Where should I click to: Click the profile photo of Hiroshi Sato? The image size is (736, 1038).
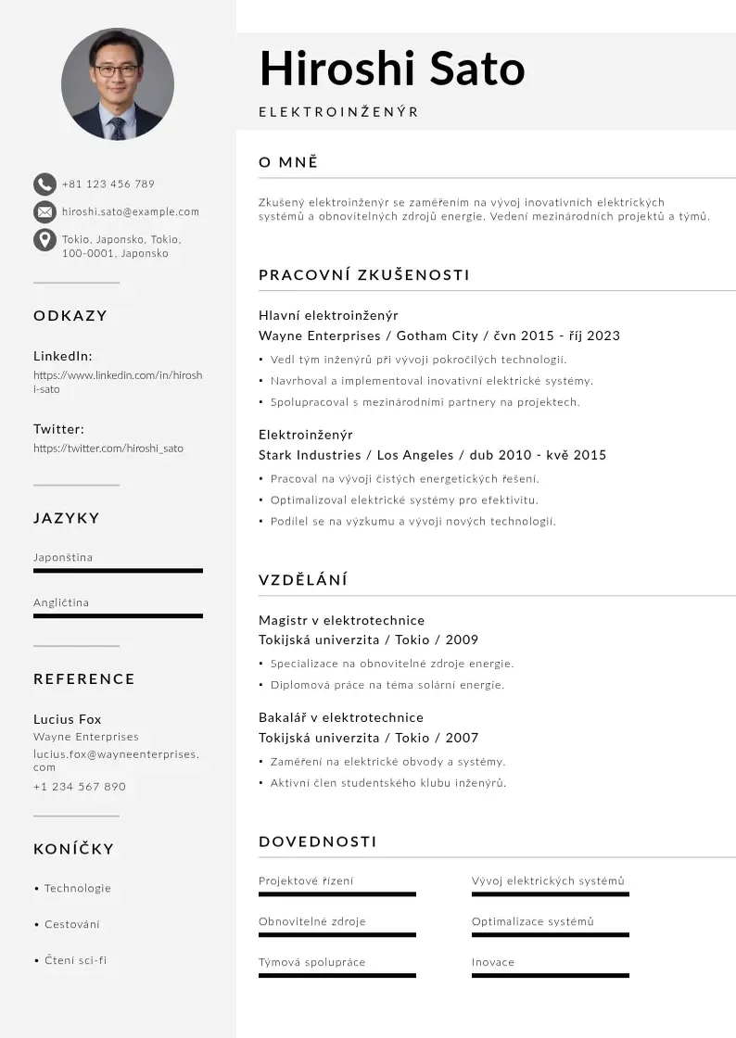coord(118,83)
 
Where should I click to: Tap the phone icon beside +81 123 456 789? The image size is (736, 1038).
coord(44,184)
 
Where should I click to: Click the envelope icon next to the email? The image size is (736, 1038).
coord(44,211)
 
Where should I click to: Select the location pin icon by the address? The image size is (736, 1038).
coord(44,240)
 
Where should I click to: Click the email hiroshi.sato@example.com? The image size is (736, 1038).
coord(131,211)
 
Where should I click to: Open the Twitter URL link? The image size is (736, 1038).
coord(108,449)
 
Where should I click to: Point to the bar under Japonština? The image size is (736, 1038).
coord(118,571)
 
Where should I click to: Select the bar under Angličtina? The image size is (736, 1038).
coord(118,615)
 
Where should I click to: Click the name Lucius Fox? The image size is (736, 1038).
coord(68,719)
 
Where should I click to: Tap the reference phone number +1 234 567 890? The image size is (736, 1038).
coord(80,787)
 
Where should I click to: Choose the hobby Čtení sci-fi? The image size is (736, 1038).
coord(76,960)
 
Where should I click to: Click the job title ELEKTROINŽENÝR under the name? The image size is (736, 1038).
coord(338,112)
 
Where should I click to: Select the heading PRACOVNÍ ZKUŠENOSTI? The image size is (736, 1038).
coord(364,275)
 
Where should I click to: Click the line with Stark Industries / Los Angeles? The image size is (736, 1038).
coord(432,455)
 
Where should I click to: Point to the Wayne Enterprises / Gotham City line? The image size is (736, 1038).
coord(438,335)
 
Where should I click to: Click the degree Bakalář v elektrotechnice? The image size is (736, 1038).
coord(341,717)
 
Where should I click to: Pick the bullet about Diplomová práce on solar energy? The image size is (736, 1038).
coord(387,685)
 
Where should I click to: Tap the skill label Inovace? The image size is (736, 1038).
coord(493,962)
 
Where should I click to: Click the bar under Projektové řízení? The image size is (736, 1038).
coord(337,894)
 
